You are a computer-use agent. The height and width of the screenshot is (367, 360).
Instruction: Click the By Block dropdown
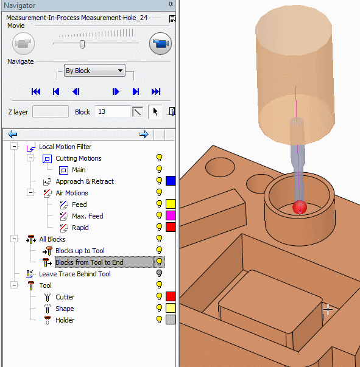[x=94, y=71]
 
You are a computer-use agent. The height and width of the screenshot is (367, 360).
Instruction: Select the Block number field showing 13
[x=113, y=111]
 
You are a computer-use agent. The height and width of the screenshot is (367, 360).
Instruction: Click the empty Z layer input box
[x=51, y=111]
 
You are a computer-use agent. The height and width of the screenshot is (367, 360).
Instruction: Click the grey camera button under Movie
[x=23, y=44]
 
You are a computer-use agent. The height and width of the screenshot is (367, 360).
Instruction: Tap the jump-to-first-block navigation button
[x=36, y=91]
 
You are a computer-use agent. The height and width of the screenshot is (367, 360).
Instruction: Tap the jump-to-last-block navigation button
[x=156, y=91]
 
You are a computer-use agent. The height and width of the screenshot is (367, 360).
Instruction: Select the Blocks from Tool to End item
[x=90, y=262]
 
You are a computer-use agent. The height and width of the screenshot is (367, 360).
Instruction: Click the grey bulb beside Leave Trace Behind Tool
[x=159, y=273]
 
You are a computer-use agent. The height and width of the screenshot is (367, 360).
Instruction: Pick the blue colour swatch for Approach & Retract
[x=171, y=181]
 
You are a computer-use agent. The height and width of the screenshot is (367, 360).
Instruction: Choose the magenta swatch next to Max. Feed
[x=171, y=215]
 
